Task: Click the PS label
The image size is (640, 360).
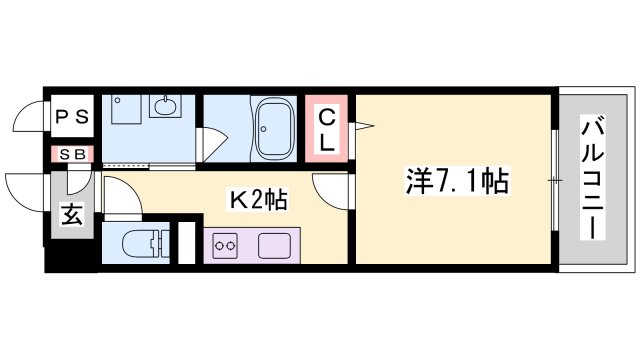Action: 72,117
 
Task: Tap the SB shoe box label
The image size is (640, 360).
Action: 72,154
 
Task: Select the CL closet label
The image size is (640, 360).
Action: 327,131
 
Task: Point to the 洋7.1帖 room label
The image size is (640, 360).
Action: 457,181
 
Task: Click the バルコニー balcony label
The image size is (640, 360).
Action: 592,178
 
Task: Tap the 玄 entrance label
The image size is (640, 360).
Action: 72,214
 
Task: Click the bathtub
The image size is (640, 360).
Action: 274,129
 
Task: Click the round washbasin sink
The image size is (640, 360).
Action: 165,107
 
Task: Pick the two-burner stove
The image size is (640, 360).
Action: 225,245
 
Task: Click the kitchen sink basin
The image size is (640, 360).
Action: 274,246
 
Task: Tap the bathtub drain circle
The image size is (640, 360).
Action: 264,129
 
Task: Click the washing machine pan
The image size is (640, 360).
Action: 126,109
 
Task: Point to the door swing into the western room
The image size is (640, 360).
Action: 330,192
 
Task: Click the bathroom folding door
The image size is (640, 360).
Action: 211,145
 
